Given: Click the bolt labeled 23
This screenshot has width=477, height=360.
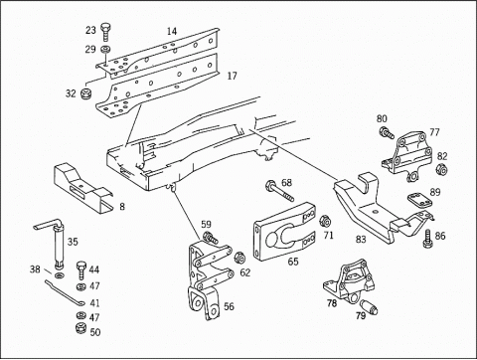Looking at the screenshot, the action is pyautogui.click(x=105, y=32).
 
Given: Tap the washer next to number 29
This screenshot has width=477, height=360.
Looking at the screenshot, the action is pyautogui.click(x=105, y=50).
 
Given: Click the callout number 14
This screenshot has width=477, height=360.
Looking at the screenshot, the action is pyautogui.click(x=172, y=31).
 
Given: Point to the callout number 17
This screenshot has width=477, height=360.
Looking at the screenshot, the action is pyautogui.click(x=232, y=76).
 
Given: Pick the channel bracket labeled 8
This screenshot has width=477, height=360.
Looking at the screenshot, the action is pyautogui.click(x=82, y=187).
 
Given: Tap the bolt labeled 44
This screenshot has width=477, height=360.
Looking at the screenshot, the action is pyautogui.click(x=81, y=270).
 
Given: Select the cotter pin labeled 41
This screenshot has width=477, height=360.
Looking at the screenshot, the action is pyautogui.click(x=65, y=293).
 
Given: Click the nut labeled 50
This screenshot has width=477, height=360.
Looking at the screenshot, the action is pyautogui.click(x=80, y=328).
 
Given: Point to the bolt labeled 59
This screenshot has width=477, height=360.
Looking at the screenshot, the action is pyautogui.click(x=210, y=238).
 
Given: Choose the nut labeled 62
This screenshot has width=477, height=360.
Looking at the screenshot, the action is pyautogui.click(x=239, y=258).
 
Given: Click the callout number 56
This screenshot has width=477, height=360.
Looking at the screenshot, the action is pyautogui.click(x=229, y=306).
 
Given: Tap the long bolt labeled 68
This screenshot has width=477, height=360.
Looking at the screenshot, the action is pyautogui.click(x=279, y=191).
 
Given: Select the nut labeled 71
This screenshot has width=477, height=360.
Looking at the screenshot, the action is pyautogui.click(x=324, y=221).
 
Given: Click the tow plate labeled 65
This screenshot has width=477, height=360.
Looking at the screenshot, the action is pyautogui.click(x=284, y=231).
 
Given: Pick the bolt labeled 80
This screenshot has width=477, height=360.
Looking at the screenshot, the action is pyautogui.click(x=387, y=132).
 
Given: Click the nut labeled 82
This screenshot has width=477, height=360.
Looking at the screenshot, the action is pyautogui.click(x=441, y=169).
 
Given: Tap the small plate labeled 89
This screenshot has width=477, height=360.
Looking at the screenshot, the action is pyautogui.click(x=419, y=200).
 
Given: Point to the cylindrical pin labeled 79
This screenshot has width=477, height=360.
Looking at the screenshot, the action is pyautogui.click(x=370, y=306).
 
